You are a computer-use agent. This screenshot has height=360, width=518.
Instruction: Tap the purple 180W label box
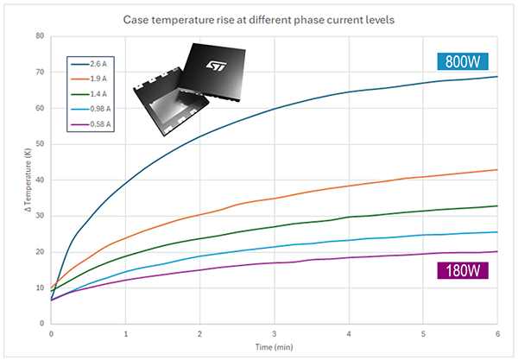pos(464,271)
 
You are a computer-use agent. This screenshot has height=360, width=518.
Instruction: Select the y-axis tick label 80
pos(40,36)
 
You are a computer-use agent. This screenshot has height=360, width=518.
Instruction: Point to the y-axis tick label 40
pos(40,180)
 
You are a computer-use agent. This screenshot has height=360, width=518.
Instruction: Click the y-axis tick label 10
pos(40,287)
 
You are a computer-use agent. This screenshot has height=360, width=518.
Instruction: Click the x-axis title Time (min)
pos(275,347)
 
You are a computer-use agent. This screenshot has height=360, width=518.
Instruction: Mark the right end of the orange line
pos(496,170)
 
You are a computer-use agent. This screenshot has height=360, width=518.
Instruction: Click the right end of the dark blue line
pos(496,77)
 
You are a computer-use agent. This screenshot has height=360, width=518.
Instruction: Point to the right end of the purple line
pos(496,251)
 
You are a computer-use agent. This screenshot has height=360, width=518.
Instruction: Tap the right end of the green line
pos(496,205)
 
